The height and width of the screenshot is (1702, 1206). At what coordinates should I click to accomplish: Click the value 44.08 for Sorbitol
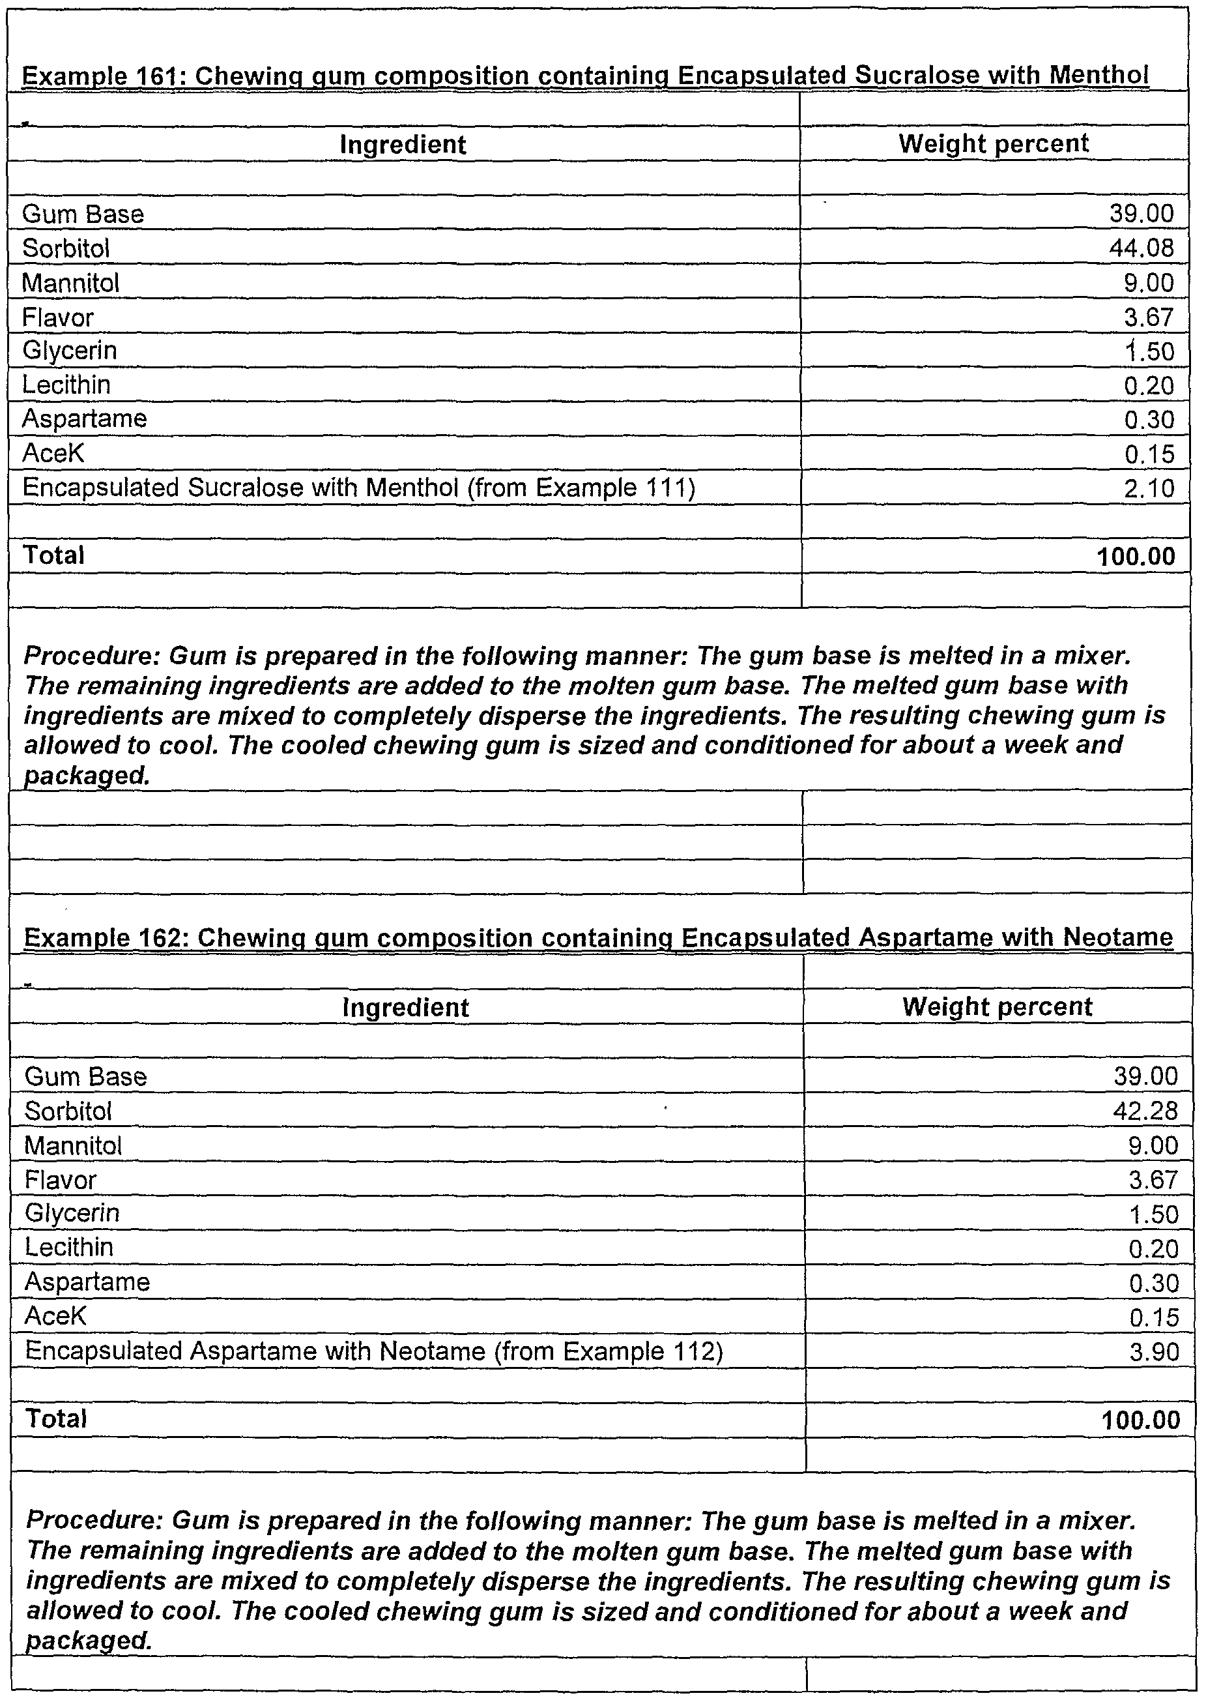pos(1141,248)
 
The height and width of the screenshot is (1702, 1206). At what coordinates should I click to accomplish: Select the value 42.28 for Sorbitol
pos(1145,1111)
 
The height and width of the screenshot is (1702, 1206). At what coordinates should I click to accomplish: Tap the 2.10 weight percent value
pos(1149,489)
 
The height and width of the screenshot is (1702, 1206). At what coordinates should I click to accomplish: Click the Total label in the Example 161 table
pos(53,555)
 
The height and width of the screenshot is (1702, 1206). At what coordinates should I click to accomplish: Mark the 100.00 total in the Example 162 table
pos(1141,1420)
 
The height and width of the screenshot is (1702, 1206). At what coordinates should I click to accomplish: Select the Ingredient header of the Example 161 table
pos(403,144)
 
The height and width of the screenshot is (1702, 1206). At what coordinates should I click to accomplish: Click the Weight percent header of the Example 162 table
pos(997,1006)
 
